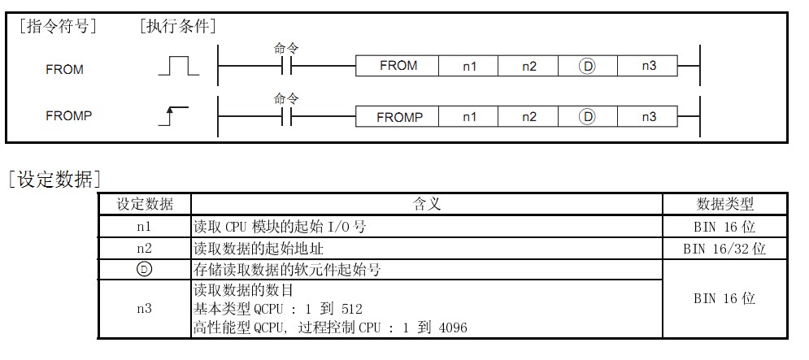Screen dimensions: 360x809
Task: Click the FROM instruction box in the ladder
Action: (x=398, y=66)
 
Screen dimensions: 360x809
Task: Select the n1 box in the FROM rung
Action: (x=469, y=66)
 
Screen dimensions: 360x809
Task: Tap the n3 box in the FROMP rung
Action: (x=648, y=117)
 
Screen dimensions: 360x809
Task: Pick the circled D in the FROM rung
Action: (x=587, y=67)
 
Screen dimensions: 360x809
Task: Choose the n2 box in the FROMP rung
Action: (x=529, y=117)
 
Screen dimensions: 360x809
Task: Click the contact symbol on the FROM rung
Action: (x=286, y=66)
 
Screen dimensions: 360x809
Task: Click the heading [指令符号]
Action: (x=56, y=26)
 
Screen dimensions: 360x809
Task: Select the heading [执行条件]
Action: (x=178, y=26)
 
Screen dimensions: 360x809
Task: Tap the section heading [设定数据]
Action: (x=53, y=180)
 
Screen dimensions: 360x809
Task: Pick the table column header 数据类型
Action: (x=724, y=204)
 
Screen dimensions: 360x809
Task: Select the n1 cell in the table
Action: (x=144, y=227)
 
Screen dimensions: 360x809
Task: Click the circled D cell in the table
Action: (x=144, y=271)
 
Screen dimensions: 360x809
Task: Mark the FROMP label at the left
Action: (x=69, y=115)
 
